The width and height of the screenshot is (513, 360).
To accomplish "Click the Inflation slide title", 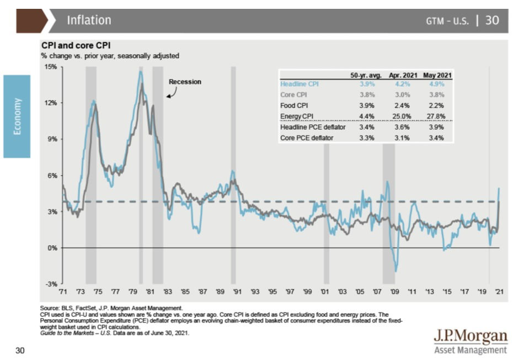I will click(89, 20).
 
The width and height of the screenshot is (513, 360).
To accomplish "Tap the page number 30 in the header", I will click(492, 20).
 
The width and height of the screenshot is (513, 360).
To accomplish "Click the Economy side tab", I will click(17, 116).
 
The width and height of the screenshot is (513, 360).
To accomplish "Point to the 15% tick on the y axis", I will click(51, 67).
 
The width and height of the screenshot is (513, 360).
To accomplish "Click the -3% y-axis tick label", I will click(51, 284).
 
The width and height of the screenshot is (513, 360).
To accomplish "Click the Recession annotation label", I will click(185, 82).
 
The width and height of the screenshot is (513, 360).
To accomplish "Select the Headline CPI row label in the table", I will click(300, 84).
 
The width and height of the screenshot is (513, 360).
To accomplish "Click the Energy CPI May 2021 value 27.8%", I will click(433, 117).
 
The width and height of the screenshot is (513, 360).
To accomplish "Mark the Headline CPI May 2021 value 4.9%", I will click(433, 84).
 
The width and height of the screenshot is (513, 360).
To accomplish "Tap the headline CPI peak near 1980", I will click(141, 71).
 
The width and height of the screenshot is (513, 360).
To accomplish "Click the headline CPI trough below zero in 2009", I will click(396, 271).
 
